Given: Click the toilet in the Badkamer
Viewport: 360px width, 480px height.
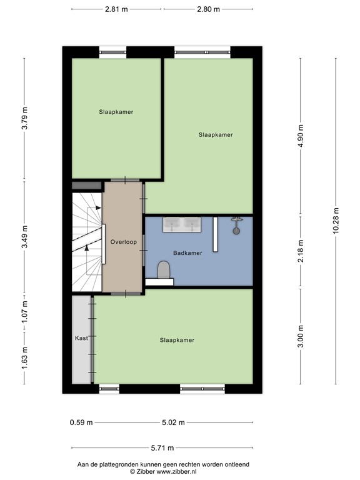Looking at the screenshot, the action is pyautogui.click(x=164, y=270).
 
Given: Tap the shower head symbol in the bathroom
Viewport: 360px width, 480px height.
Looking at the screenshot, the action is pyautogui.click(x=236, y=226).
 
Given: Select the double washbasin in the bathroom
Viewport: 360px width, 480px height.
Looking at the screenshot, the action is pyautogui.click(x=182, y=225).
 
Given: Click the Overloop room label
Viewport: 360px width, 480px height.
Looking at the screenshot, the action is pyautogui.click(x=124, y=242).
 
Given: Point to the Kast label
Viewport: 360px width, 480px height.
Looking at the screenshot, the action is pyautogui.click(x=81, y=338).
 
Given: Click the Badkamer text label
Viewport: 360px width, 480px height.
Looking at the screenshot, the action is pyautogui.click(x=187, y=253).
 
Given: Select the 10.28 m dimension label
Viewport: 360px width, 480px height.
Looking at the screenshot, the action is pyautogui.click(x=336, y=221).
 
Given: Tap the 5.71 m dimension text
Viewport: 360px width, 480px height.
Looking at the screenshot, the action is pyautogui.click(x=162, y=448).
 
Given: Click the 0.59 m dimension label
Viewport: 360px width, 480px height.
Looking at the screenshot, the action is pyautogui.click(x=81, y=422).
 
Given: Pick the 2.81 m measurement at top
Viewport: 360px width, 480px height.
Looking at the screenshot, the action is pyautogui.click(x=116, y=9).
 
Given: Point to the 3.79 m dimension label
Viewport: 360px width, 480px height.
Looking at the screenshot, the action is pyautogui.click(x=25, y=118).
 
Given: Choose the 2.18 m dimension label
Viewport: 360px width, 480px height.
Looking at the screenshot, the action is pyautogui.click(x=301, y=251).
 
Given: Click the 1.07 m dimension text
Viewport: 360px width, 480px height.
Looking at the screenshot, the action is pyautogui.click(x=25, y=312).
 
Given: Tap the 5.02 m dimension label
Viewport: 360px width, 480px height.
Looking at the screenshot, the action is pyautogui.click(x=173, y=422).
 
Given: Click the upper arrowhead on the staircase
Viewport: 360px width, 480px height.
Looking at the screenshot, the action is pyautogui.click(x=98, y=208).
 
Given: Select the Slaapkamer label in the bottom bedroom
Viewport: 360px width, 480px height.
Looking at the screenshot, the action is pyautogui.click(x=177, y=340).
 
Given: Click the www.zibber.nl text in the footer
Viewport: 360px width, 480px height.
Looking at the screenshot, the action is pyautogui.click(x=176, y=471).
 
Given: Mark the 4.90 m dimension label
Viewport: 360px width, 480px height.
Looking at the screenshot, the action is pyautogui.click(x=301, y=136).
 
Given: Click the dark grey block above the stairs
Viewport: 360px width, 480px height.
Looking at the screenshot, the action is pyautogui.click(x=87, y=186).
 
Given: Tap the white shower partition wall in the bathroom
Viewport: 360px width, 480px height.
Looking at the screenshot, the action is pyautogui.click(x=215, y=234).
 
